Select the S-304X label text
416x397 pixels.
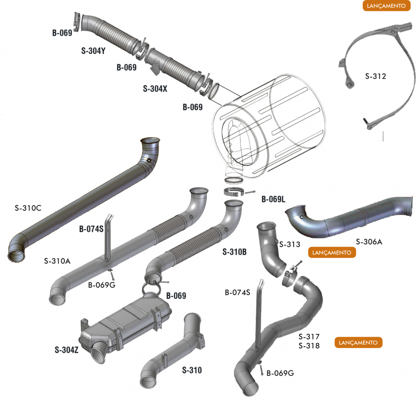155,89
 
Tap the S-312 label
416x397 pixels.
376,76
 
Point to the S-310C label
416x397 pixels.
28,208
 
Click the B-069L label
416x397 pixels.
273,200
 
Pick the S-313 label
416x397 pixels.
290,244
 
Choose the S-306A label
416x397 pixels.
369,241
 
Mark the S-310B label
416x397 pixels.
235,252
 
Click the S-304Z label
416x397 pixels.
67,349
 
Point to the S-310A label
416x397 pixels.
57,261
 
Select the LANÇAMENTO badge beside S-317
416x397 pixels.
358,343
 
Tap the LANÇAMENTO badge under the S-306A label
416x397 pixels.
332,252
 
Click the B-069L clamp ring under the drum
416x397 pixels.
234,192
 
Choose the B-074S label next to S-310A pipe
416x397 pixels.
91,229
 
